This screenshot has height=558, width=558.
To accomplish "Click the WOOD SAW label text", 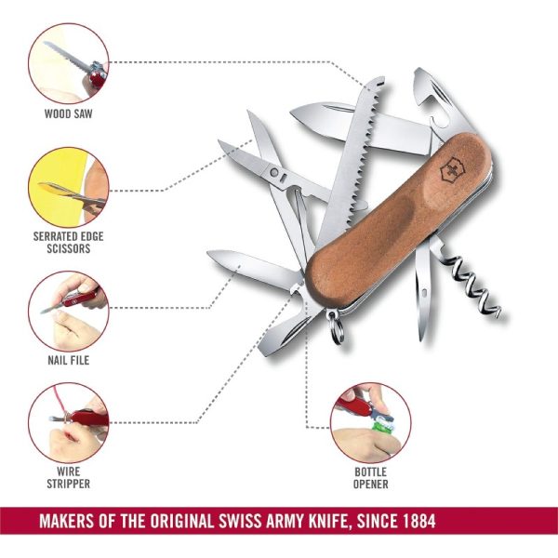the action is point(68,113).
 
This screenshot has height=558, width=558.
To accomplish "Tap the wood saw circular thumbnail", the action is point(69,63).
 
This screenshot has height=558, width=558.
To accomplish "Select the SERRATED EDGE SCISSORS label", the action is point(68,243).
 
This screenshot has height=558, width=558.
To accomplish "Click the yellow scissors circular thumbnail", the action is point(69,188).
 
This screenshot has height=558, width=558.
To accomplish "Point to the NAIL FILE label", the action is point(68,360).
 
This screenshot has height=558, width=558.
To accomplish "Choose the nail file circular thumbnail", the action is point(69,312).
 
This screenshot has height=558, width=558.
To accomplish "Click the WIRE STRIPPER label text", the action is point(68,478).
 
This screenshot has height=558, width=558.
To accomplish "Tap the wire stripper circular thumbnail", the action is point(69,423).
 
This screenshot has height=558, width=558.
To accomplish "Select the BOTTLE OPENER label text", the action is point(370,478).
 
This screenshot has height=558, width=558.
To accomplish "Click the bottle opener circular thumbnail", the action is point(370,423).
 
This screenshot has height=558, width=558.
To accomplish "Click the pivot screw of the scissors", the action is point(274,173).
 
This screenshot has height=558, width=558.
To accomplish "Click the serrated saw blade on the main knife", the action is point(352,156).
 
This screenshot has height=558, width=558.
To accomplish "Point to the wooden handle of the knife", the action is point(399,220).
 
